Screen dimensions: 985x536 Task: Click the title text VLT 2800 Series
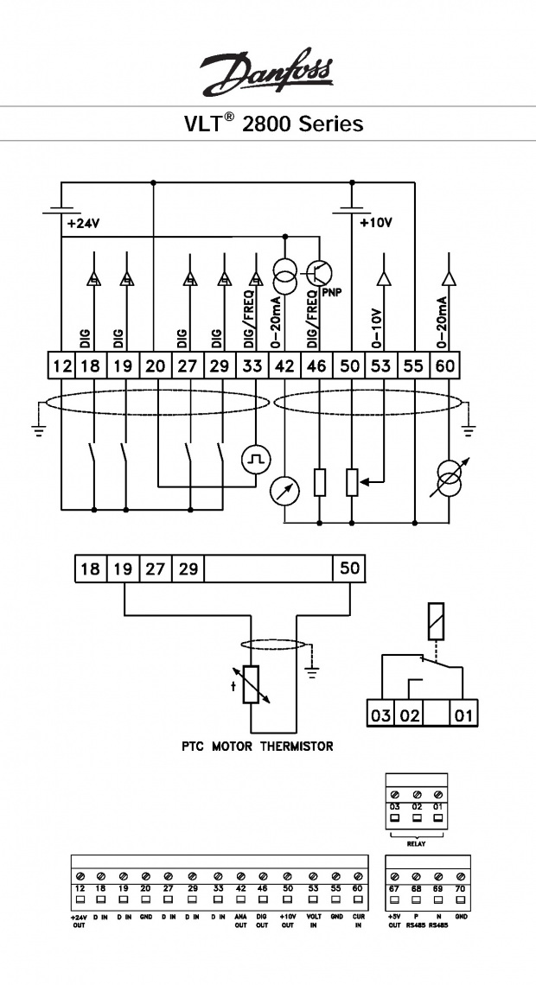[x=273, y=124]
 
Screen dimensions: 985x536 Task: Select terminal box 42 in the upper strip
[x=284, y=366]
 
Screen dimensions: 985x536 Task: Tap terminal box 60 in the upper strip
[x=446, y=366]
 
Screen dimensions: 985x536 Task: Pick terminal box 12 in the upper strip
[x=61, y=366]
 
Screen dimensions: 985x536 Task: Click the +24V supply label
[x=83, y=223]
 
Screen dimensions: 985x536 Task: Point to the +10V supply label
[x=375, y=223]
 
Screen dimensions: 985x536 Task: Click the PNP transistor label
[x=332, y=292]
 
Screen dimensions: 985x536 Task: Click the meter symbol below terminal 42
[x=284, y=491]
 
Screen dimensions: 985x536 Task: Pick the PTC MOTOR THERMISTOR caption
[x=257, y=746]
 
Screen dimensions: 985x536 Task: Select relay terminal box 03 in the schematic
[x=381, y=715]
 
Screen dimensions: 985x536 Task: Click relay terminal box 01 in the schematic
[x=465, y=715]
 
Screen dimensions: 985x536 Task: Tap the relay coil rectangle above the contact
[x=436, y=619]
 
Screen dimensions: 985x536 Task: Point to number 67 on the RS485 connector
[x=395, y=887]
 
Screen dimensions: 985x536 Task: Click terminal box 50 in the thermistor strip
[x=349, y=569]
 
